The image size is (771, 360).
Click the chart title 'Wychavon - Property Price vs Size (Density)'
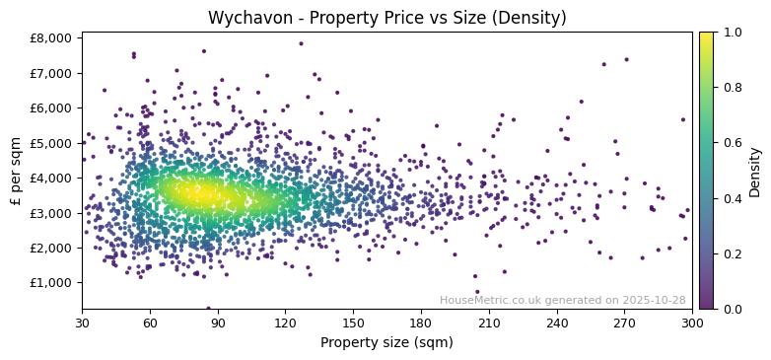[386, 18]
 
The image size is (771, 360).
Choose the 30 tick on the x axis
[82, 323]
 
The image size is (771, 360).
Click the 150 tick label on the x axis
[353, 323]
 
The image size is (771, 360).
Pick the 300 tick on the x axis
[692, 323]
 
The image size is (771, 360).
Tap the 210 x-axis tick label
[488, 323]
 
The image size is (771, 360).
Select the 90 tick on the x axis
[217, 323]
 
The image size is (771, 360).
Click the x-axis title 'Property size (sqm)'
[386, 343]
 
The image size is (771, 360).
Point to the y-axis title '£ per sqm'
[16, 171]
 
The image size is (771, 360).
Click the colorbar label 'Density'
[755, 171]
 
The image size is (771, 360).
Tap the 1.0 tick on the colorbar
[731, 33]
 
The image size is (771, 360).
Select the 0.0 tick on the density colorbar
[731, 309]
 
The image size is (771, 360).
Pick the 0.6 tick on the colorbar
[731, 143]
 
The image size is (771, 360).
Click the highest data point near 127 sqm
[301, 43]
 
